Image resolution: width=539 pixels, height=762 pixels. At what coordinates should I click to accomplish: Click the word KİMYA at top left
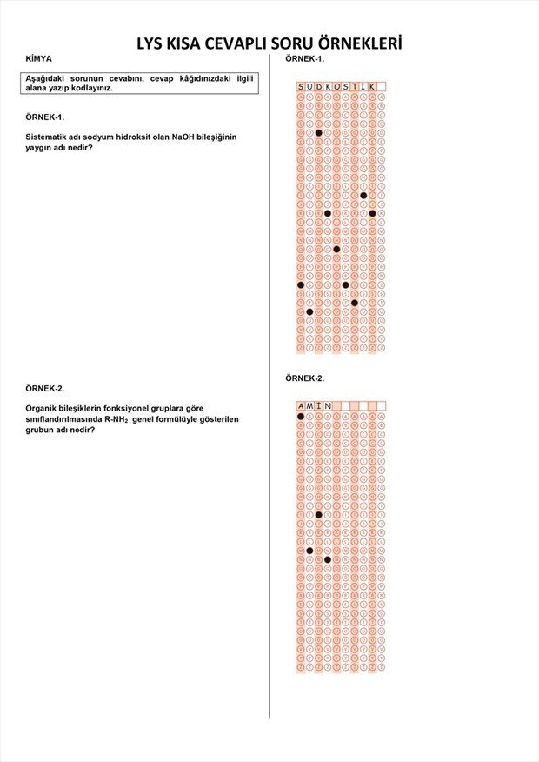[38, 58]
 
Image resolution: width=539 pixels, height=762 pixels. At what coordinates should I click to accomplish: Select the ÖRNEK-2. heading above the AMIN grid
[304, 378]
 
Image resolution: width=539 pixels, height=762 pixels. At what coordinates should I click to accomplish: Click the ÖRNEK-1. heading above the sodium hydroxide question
[44, 116]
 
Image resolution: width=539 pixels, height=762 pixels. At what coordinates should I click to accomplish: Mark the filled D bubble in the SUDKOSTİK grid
[319, 133]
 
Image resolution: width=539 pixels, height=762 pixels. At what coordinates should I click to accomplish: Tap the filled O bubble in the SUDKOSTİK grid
[336, 249]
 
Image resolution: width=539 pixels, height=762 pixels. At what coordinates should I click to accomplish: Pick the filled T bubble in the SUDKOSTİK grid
[355, 303]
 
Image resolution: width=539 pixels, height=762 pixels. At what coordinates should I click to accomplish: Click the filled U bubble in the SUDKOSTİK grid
[309, 311]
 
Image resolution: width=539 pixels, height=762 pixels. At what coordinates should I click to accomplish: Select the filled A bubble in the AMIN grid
[301, 417]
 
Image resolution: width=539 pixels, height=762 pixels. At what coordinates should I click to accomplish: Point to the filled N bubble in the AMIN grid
[328, 559]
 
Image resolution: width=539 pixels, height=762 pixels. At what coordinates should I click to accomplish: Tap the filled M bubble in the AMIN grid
[309, 551]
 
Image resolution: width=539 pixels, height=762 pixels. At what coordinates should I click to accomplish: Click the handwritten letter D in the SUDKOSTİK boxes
[319, 87]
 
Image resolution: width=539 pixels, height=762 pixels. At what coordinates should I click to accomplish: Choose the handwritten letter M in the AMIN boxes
[309, 406]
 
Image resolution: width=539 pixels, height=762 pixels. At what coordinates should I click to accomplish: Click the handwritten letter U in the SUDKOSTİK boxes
[309, 87]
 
